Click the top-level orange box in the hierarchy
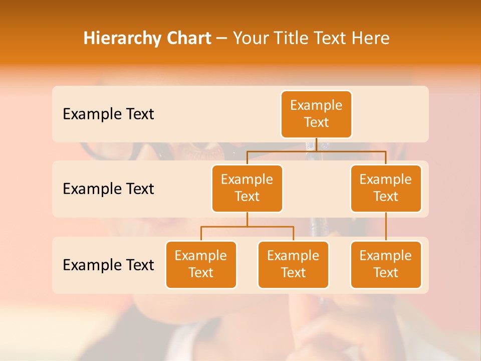316,114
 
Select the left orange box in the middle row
247,188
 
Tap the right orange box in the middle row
386,188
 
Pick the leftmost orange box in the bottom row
201,264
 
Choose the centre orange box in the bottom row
293,264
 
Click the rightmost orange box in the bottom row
386,264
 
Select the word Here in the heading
372,38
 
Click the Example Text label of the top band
108,114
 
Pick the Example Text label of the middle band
108,189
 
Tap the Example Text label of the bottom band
108,265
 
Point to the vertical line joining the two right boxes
386,227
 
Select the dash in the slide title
222,39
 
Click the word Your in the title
250,38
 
